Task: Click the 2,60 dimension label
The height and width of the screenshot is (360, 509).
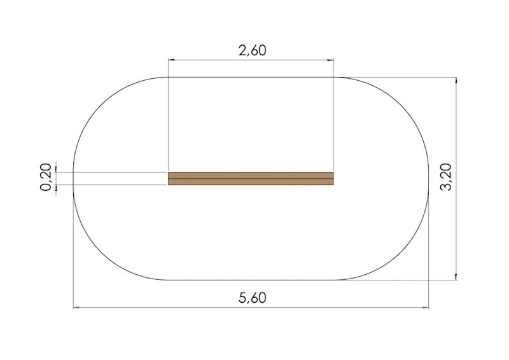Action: point(252,50)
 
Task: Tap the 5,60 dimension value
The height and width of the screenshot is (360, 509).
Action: point(252,298)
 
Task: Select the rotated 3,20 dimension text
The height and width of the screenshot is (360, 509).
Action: point(446,177)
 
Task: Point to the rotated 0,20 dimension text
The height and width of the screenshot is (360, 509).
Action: point(46,177)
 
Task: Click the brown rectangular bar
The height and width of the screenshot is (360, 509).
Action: point(251,179)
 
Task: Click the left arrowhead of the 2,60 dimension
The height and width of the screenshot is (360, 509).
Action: point(171,60)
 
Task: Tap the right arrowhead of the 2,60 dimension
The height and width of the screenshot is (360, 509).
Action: point(330,60)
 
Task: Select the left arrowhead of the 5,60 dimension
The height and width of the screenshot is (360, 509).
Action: point(76,307)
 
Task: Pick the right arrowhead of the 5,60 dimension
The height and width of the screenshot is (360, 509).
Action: point(425,307)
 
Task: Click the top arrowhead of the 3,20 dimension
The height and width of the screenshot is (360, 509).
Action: point(456,81)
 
